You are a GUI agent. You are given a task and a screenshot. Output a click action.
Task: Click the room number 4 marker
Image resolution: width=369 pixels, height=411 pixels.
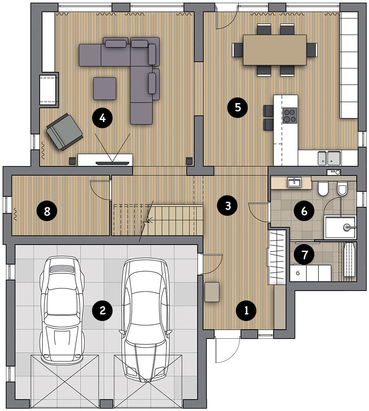coord(102,118)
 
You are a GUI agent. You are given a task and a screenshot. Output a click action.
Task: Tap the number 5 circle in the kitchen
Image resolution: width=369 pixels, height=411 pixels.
coord(238,107)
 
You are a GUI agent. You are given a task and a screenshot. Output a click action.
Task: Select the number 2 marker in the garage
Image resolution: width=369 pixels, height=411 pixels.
coord(102,311)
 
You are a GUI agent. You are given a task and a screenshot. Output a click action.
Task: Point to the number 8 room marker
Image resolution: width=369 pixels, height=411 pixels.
coord(47,211)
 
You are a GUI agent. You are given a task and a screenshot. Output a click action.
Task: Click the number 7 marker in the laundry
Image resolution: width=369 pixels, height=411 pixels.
coord(304,254)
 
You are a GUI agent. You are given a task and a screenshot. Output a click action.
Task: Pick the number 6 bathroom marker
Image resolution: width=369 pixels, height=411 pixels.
coord(304,211)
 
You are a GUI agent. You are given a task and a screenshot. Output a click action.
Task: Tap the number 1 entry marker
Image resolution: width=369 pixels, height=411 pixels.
coord(247,311)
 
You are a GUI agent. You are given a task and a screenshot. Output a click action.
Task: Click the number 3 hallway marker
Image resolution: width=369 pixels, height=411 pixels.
coord(228,206)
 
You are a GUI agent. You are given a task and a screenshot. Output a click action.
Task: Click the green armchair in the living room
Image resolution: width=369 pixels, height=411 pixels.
coord(65,132)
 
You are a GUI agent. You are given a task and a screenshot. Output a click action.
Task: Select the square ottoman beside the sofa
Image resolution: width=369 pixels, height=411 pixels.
coord(105,88)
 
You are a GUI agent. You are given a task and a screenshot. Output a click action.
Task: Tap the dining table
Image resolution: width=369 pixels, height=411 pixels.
coord(274,50)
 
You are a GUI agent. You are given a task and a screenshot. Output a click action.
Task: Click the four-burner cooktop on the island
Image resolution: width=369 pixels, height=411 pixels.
coord(290,115)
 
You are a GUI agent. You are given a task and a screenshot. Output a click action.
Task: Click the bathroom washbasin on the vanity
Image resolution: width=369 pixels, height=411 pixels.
coord(294,182)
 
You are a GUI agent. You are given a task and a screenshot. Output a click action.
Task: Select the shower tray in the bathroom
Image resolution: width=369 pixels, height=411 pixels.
coord(340,227)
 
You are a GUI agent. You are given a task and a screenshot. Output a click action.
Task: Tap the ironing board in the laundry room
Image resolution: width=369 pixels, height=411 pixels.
coord(349,259)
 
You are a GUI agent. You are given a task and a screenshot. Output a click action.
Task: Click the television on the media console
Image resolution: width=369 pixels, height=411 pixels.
coord(113,163)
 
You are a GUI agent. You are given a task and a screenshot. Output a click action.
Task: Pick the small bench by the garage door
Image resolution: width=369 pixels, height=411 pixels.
coord(212,292)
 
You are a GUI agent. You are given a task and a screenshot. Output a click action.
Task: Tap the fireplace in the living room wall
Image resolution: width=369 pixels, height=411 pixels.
coord(48,89)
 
